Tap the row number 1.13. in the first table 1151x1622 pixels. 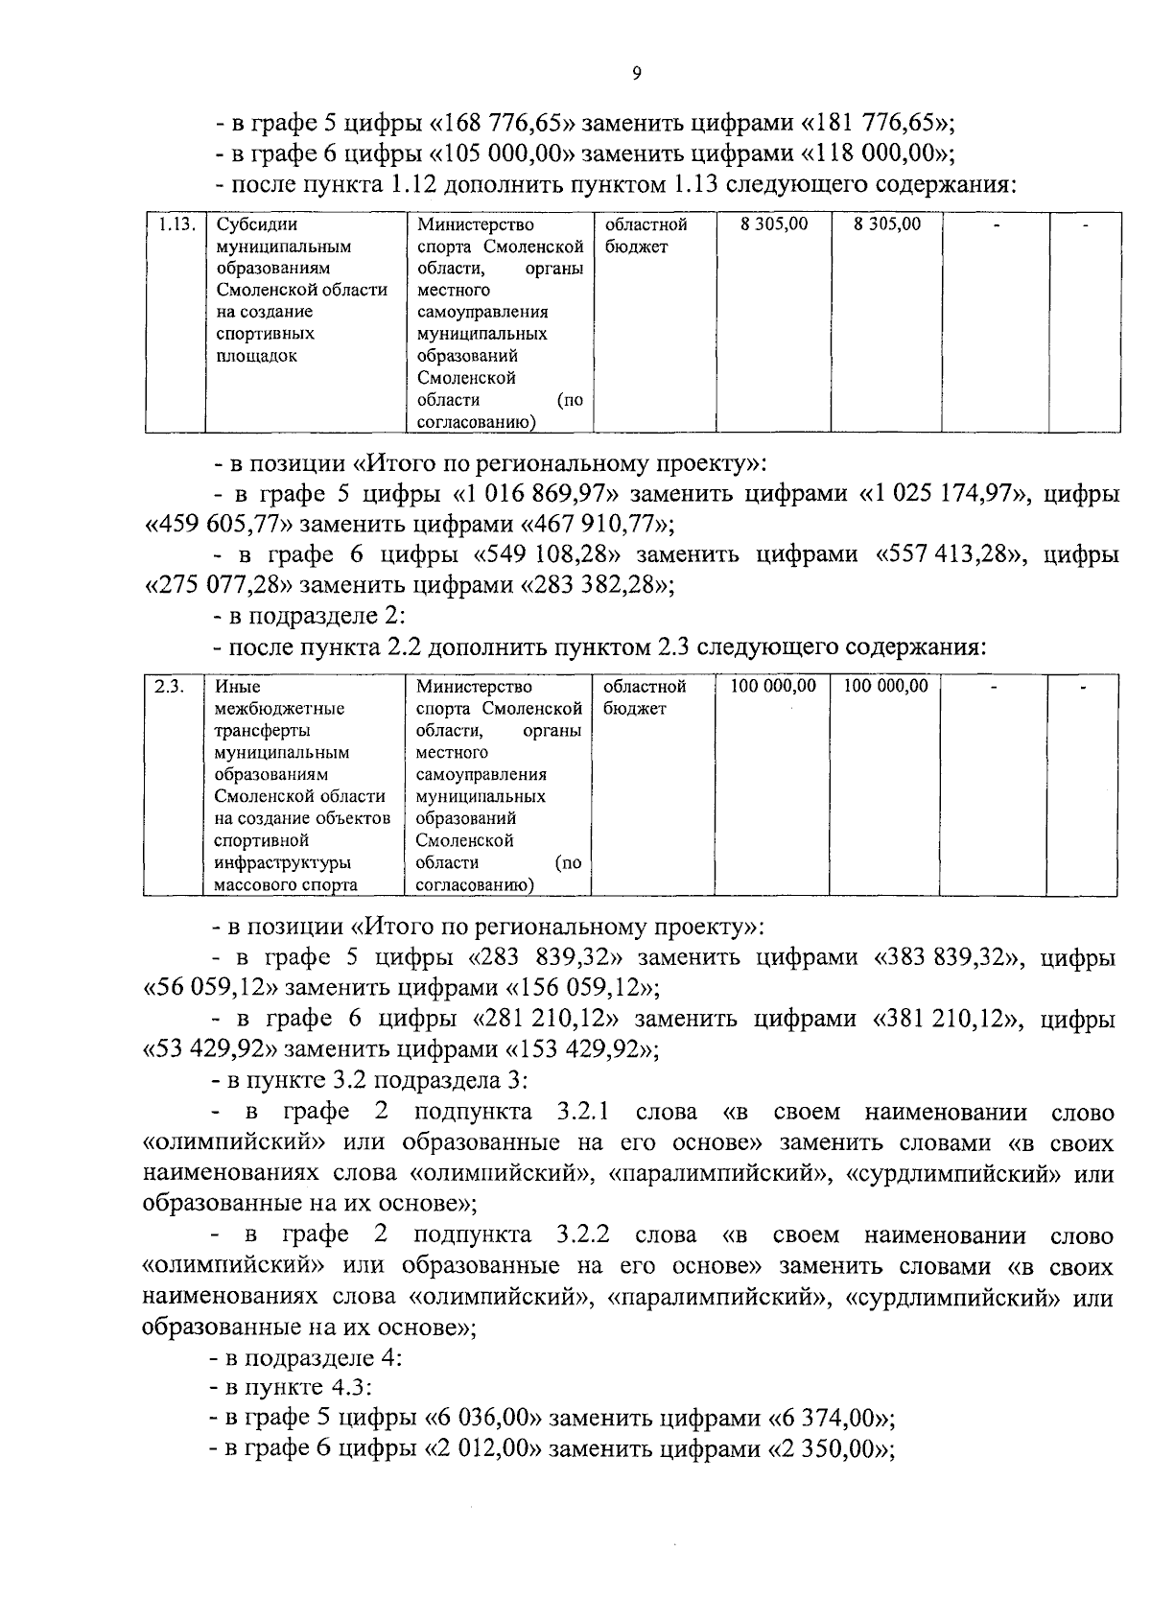tap(176, 224)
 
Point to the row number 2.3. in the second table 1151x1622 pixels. tap(169, 687)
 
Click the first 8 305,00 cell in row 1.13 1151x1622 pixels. tap(774, 224)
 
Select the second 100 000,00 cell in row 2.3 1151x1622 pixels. tap(885, 687)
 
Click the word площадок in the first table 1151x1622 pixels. tap(256, 356)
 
